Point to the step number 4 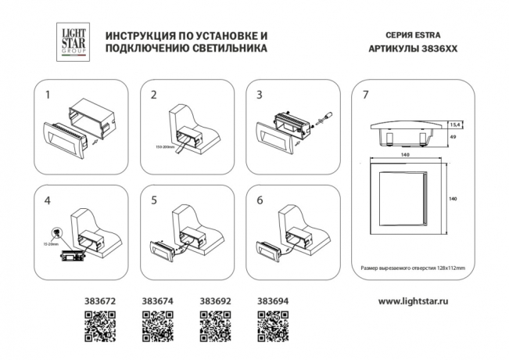point(48,200)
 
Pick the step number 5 point(154,200)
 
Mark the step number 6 point(260,200)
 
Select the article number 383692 point(213,300)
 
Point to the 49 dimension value point(451,137)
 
